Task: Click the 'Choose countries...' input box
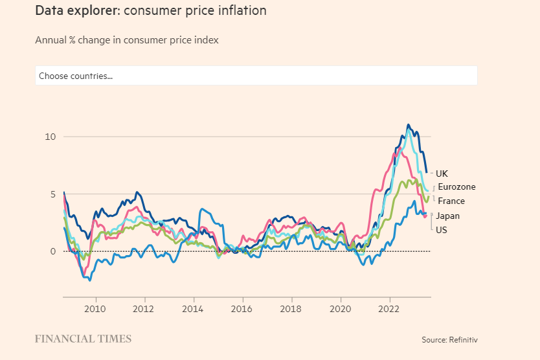256,76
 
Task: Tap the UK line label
442,174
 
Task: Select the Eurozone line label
456,187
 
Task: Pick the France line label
451,201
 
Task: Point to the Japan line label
448,216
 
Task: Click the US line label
442,230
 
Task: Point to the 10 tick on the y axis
51,137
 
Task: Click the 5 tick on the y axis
53,194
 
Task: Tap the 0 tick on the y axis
53,251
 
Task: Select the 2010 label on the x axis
96,308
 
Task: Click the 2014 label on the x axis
194,308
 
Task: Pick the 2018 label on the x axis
291,308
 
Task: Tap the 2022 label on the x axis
389,308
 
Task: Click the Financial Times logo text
83,339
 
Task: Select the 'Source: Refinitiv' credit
449,339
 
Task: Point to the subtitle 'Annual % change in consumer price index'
127,40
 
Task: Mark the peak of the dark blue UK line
408,125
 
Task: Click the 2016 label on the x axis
242,308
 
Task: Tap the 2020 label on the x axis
341,308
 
